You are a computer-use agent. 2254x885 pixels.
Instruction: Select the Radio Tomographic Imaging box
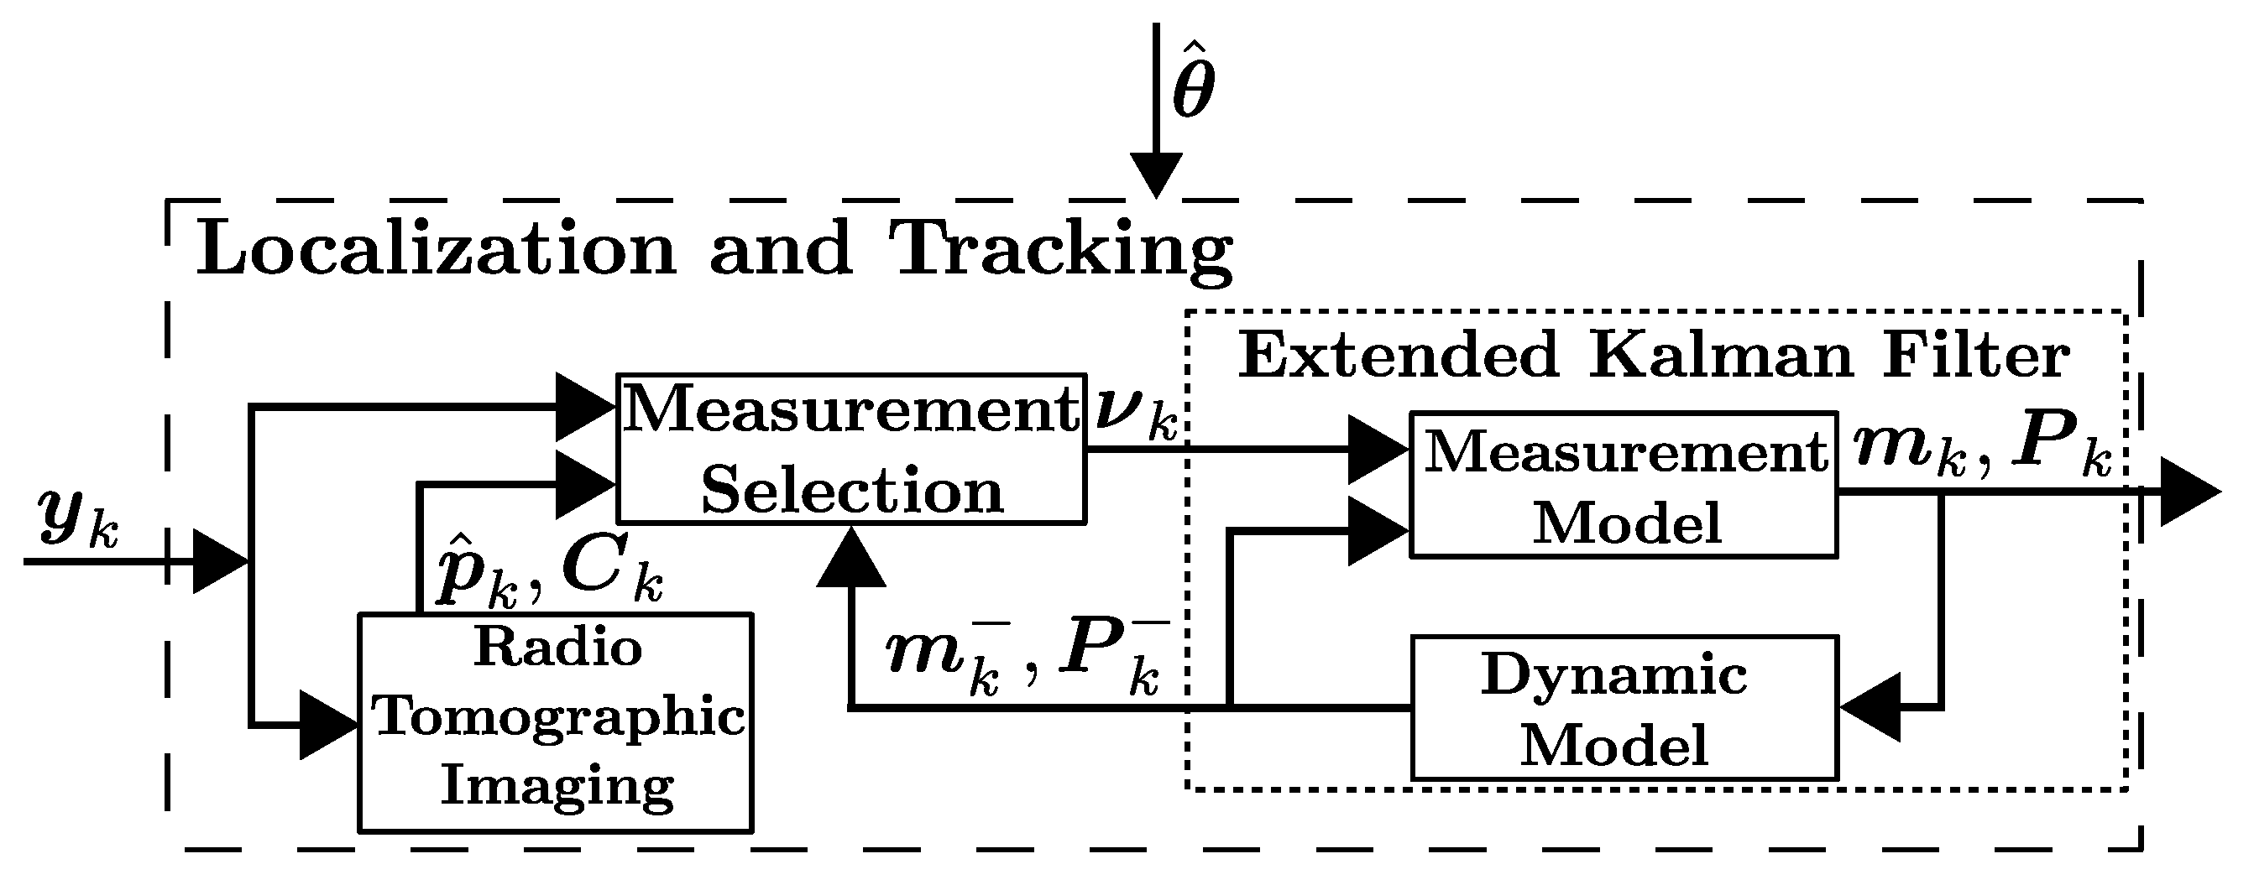tap(556, 721)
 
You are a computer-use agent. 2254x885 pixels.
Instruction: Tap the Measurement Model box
tap(1623, 483)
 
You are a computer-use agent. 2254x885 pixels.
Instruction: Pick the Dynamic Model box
tap(1623, 706)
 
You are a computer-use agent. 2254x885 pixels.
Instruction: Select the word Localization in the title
tap(436, 249)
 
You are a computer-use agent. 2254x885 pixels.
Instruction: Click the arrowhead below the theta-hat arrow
tap(1156, 174)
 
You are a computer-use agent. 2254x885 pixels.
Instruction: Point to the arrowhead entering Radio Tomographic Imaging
tap(328, 725)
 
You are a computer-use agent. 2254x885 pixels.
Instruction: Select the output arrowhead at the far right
tap(2189, 492)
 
